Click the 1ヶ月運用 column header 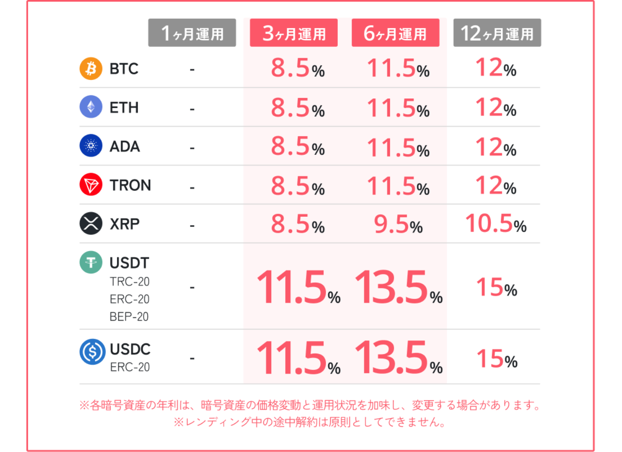pos(192,33)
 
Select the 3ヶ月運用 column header pos(293,33)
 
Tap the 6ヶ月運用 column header pos(395,33)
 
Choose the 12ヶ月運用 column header pos(497,33)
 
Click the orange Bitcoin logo pos(91,68)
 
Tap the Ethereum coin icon pos(91,107)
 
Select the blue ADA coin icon pos(91,146)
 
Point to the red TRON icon pos(91,184)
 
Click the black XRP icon pos(91,223)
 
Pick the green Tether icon pos(91,262)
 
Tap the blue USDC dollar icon pos(92,352)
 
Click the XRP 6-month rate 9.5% pos(398,225)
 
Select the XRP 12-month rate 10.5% pos(495,224)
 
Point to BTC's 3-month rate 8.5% pos(298,68)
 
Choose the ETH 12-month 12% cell pos(496,108)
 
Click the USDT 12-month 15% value pos(497,287)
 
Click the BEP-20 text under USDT pos(129,317)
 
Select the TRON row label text pos(130,185)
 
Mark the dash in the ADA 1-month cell pos(192,148)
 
